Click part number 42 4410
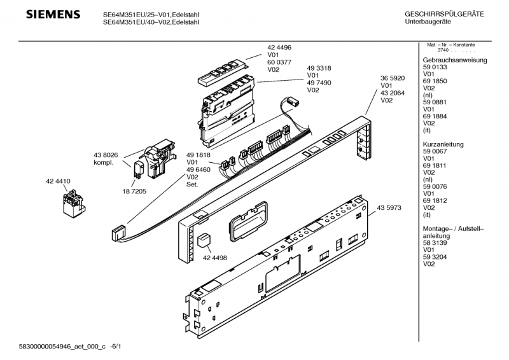tap(58, 181)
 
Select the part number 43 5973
tap(389, 208)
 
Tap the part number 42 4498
tap(216, 258)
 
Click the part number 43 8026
tap(106, 155)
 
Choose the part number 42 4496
tap(279, 47)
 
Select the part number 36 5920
tap(393, 78)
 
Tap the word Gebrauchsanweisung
tap(455, 60)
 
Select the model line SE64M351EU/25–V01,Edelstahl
tap(151, 13)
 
